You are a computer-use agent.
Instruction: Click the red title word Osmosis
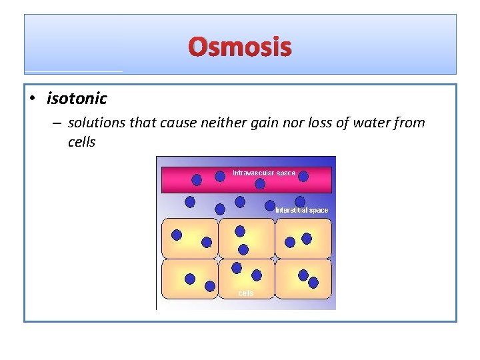pos(240,47)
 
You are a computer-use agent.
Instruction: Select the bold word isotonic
pos(77,99)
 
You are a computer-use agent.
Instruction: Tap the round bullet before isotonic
pos(33,99)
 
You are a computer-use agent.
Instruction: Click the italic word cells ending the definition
pos(82,141)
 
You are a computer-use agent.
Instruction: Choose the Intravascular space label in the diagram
pos(264,173)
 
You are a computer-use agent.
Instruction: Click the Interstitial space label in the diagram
pos(302,210)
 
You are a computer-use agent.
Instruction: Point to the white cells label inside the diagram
pos(246,293)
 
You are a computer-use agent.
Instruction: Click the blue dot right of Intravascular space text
pos(303,176)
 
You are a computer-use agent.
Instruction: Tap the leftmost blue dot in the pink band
pos(197,179)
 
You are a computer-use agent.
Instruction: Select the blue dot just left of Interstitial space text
pos(270,205)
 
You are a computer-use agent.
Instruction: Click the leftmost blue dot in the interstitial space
pos(190,201)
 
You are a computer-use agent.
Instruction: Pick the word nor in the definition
pos(282,123)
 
